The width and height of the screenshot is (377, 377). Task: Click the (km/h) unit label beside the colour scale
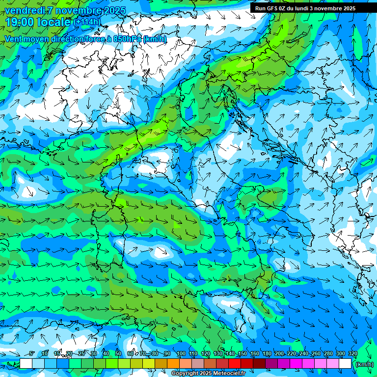pos(364,364)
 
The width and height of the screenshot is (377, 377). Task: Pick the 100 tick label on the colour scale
pos(181,354)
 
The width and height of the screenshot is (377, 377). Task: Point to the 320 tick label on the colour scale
pos(352,354)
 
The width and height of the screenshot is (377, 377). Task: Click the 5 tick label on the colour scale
pos(32,354)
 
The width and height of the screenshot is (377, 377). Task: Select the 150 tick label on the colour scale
pos(242,354)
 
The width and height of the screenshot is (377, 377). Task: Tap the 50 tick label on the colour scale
pos(118,354)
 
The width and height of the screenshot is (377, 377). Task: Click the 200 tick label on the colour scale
pos(279,354)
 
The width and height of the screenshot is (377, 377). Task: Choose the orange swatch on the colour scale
pos(173,364)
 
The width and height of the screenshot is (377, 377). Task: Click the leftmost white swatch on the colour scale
pos(26,364)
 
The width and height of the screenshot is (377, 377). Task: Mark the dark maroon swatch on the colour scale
pos(259,364)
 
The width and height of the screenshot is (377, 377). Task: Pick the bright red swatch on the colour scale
pos(235,364)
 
